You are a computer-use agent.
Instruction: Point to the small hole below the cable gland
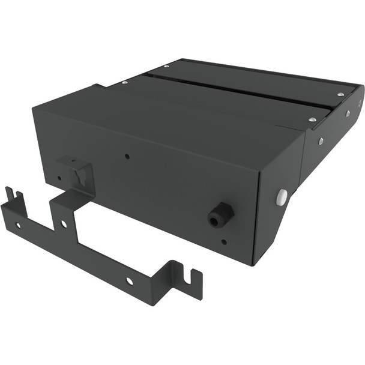(224, 242)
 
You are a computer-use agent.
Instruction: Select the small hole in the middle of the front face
(127, 157)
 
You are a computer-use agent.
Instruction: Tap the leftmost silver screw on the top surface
(124, 82)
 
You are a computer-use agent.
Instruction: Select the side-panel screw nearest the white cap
(321, 141)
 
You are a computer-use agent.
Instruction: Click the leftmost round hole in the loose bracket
(18, 225)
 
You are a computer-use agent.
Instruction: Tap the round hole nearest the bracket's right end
(129, 280)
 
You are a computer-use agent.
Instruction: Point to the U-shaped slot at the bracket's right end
(191, 277)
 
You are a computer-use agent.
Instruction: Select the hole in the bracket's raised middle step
(64, 223)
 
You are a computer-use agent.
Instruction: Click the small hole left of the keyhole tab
(59, 178)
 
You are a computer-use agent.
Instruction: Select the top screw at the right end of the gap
(340, 94)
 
